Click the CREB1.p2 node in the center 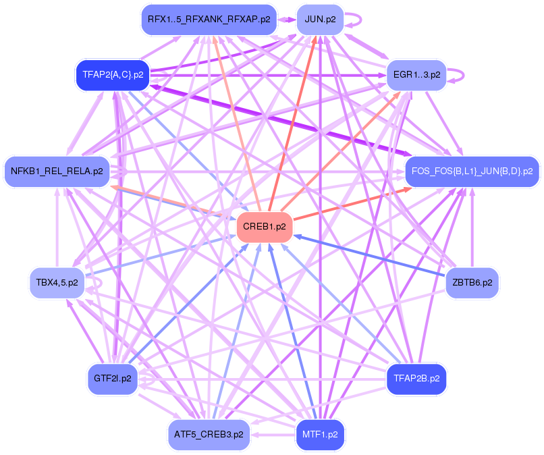264,227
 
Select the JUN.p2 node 320,19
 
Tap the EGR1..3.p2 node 416,74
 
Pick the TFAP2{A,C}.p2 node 112,75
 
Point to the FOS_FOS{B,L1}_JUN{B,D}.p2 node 472,171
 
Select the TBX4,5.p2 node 57,282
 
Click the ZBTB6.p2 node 472,282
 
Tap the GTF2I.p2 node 113,378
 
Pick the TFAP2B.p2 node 416,378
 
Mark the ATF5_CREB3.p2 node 209,434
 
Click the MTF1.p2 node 321,434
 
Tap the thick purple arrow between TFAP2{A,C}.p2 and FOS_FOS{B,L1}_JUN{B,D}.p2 277,122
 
